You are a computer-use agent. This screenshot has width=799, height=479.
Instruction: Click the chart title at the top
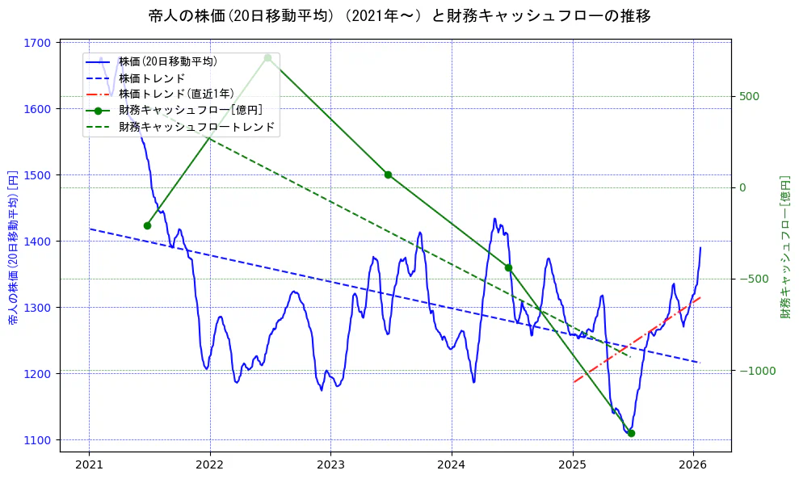(399, 15)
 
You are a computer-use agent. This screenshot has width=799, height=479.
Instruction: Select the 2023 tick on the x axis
(330, 464)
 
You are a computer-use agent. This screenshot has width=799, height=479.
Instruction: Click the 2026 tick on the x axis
(693, 464)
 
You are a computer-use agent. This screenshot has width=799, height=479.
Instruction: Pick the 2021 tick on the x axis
(89, 464)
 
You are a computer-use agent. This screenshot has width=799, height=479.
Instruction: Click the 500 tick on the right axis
(749, 96)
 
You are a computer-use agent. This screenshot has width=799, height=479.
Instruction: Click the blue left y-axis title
(13, 247)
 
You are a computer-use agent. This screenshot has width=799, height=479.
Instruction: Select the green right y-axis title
(784, 247)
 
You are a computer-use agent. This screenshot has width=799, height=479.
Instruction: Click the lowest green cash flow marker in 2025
(631, 433)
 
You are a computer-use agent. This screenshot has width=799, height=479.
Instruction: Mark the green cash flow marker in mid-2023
(388, 174)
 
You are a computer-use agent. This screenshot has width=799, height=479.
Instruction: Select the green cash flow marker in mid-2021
(147, 225)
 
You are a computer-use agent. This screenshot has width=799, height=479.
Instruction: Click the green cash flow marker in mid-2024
(508, 267)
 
